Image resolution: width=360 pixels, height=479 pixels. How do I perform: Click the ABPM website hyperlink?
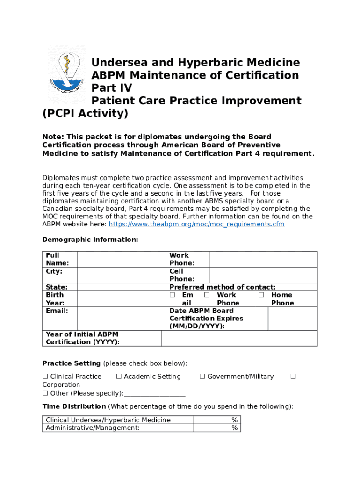(196, 225)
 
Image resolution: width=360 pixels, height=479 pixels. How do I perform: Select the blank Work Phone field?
(263, 259)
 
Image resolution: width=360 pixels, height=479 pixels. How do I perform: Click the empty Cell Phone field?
(263, 275)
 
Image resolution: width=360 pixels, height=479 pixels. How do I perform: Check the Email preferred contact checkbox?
(172, 295)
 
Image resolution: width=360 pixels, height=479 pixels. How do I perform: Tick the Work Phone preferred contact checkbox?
(207, 295)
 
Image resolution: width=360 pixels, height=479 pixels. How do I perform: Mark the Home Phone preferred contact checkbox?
(261, 295)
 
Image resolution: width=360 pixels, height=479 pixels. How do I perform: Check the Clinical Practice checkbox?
(45, 377)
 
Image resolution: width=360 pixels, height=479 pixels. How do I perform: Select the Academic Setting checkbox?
(119, 377)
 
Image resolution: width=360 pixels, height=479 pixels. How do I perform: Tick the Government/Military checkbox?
(202, 377)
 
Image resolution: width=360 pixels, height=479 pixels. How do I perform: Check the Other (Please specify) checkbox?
(45, 393)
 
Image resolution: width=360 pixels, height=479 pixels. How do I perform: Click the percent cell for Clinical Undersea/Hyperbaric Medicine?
(216, 420)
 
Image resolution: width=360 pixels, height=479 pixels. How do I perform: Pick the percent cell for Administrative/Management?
(216, 428)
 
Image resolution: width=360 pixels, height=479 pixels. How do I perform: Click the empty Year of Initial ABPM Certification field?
(239, 338)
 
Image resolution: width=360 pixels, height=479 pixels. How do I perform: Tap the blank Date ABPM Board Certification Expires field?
(292, 319)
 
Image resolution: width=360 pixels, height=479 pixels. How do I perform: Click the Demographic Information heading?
(90, 240)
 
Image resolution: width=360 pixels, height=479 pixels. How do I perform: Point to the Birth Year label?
(55, 299)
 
